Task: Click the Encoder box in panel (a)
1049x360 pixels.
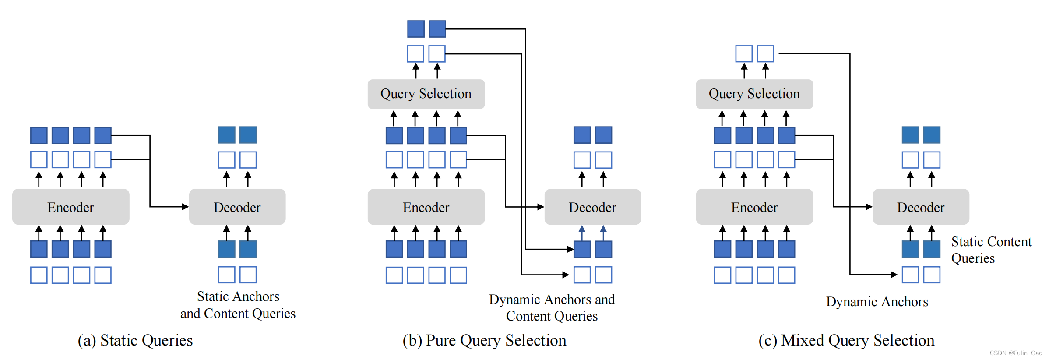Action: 70,207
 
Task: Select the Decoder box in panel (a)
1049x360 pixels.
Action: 237,207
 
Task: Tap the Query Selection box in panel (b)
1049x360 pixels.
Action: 426,94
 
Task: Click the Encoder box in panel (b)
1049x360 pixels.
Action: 426,207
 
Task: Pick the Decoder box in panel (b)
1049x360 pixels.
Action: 592,207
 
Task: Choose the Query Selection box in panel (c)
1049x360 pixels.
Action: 754,94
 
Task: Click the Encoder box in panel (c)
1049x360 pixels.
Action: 754,207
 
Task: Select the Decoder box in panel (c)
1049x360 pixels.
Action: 921,207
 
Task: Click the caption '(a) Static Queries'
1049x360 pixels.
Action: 135,340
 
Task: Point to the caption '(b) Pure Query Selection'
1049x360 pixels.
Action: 484,340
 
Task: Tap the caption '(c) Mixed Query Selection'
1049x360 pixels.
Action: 846,340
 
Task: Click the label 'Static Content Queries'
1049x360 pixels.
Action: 991,250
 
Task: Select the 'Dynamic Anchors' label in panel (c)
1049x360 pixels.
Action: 877,301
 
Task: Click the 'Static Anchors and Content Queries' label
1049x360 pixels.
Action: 238,305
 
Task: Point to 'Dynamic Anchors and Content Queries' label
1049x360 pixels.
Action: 552,307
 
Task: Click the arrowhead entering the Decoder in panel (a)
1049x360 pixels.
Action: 186,207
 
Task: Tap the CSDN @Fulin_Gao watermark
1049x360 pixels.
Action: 1016,353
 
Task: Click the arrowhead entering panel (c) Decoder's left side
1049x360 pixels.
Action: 869,207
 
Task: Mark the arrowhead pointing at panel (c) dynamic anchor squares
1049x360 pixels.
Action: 894,275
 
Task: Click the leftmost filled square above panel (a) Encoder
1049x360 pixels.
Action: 39,135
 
